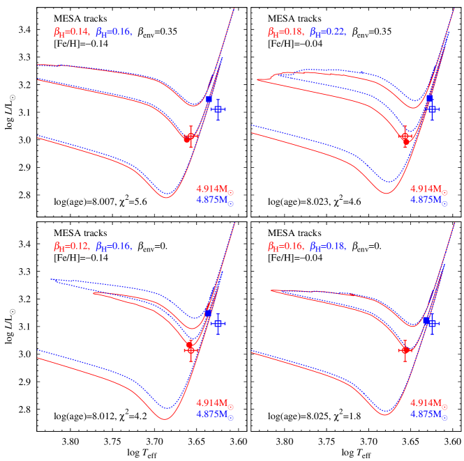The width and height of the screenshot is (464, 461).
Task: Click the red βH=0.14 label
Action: point(71,31)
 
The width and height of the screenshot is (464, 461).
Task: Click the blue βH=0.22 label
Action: point(327,31)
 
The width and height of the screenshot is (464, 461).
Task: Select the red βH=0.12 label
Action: point(71,246)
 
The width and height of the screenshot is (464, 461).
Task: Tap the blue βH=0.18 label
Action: point(327,246)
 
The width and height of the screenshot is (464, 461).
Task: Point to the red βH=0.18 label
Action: point(285,31)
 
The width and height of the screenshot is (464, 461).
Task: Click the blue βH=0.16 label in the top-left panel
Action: point(114,31)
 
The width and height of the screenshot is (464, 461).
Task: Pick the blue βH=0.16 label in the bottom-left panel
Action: point(114,246)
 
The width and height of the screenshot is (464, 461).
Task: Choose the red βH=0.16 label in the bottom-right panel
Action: point(285,246)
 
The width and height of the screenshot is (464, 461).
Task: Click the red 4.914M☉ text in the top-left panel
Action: point(214,189)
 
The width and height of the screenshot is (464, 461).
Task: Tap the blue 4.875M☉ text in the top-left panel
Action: point(214,201)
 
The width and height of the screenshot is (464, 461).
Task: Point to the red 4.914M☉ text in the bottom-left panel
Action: point(214,403)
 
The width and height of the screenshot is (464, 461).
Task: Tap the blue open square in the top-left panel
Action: point(218,109)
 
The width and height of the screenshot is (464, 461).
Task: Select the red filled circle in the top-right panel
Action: point(405,137)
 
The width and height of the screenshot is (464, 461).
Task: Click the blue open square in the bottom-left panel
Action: point(218,323)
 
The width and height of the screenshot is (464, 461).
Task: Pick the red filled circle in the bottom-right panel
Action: point(405,350)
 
